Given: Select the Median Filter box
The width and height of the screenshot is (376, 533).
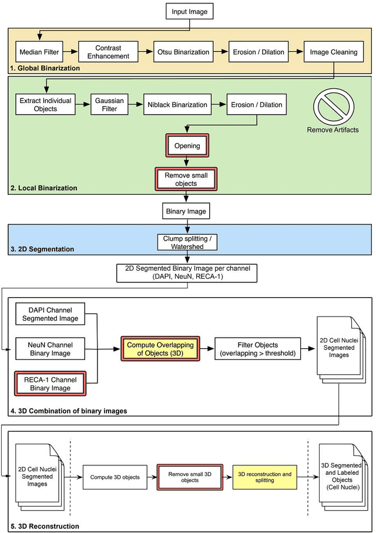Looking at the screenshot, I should [x=39, y=52].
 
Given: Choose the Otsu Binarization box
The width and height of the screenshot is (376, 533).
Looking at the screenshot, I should [x=182, y=52].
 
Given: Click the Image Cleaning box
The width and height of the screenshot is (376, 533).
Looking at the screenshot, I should [x=334, y=52].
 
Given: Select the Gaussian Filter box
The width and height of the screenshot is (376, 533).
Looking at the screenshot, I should [x=110, y=105].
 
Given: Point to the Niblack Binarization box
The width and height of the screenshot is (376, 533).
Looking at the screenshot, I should [x=176, y=105].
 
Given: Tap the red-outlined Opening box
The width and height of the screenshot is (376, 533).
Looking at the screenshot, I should [x=186, y=145].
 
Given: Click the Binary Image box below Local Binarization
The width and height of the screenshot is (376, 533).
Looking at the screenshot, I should [x=186, y=210].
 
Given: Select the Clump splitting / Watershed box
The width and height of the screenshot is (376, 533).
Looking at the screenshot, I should [x=186, y=242].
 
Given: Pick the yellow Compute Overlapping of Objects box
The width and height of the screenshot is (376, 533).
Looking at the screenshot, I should [x=160, y=348].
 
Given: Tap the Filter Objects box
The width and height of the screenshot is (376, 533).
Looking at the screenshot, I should [x=257, y=348].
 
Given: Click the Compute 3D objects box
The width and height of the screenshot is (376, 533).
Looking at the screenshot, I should [x=115, y=477].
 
